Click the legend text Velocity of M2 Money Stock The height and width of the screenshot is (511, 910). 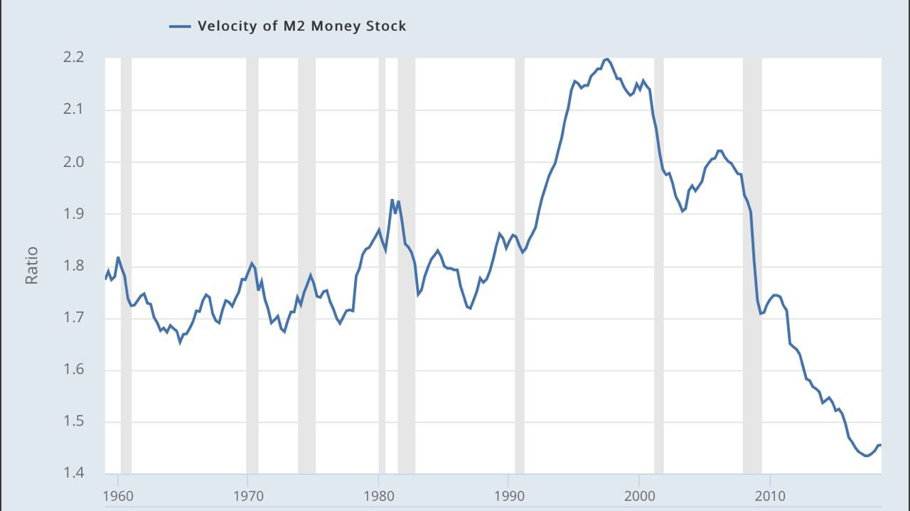click(301, 26)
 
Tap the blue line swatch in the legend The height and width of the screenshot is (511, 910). click(180, 26)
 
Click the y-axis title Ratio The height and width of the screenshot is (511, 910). click(31, 266)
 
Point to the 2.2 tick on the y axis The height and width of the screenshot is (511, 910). click(73, 58)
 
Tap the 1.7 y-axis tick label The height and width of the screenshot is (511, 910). click(73, 318)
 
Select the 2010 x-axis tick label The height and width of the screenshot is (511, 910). click(770, 495)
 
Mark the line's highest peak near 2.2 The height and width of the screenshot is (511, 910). click(606, 59)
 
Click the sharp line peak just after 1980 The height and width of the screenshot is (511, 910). click(392, 200)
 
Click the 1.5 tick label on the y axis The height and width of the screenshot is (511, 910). click(73, 422)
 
